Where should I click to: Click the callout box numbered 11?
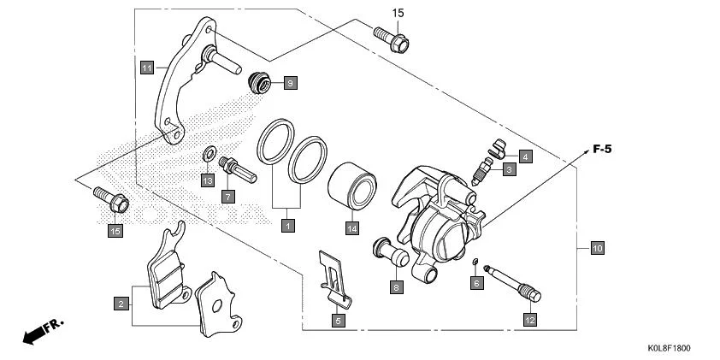pos(146,66)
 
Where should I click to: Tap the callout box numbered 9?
pos(289,83)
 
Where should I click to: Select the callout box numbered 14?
pos(351,228)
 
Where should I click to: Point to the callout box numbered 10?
pos(597,248)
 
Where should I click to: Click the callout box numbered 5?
pos(338,321)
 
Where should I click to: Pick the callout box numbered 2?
pos(122,303)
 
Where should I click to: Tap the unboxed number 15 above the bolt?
pos(397,13)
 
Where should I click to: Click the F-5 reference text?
pos(602,149)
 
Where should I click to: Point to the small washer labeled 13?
pos(208,155)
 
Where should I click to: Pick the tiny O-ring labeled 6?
pos(475,260)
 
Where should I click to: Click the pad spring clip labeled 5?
pos(333,275)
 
